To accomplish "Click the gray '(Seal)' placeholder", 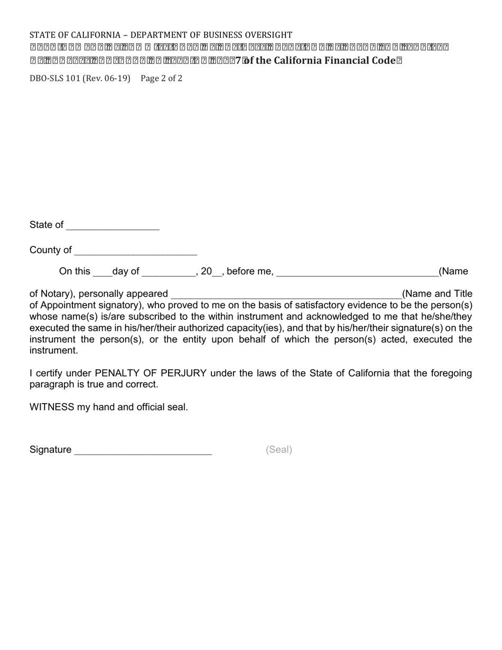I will tap(279, 450).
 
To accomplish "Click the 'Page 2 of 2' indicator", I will tap(162, 79).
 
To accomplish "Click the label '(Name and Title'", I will tap(437, 294).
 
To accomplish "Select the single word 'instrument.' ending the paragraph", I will tap(54, 351).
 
